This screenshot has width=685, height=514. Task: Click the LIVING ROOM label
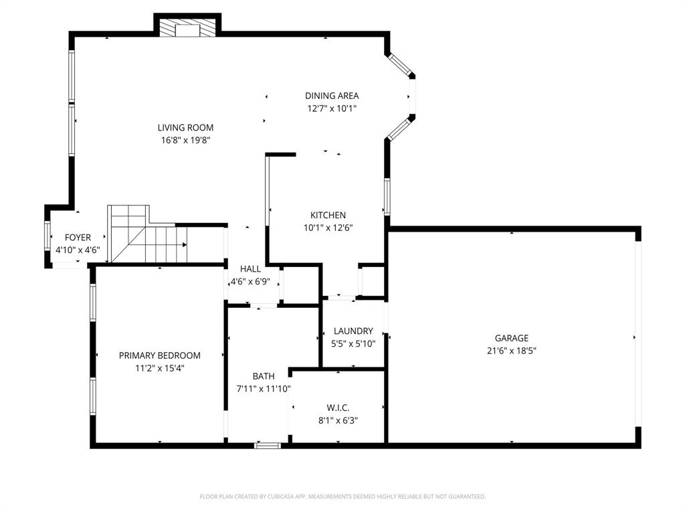[185, 127]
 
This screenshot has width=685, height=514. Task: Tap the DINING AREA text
[332, 96]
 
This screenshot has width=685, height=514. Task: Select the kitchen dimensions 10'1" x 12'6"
[328, 228]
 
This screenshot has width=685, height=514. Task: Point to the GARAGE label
[511, 338]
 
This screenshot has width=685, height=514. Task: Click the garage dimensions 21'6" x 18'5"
[511, 351]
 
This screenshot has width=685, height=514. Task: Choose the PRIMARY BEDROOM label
[159, 355]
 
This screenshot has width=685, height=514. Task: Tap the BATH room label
[263, 376]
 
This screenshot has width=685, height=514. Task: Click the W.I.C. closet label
[338, 408]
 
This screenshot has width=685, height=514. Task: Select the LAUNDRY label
[353, 331]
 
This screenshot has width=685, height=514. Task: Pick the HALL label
[250, 269]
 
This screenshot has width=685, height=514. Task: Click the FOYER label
[78, 238]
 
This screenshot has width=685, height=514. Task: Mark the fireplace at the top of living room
[187, 28]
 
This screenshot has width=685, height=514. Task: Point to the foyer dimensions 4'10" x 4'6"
[78, 250]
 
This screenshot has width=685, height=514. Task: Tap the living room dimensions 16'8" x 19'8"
[185, 141]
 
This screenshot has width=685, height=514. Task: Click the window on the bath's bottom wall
[268, 444]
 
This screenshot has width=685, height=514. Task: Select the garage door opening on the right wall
[638, 335]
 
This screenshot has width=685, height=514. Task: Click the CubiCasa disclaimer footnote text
[342, 497]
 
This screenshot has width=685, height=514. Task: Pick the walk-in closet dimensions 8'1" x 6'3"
[338, 421]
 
